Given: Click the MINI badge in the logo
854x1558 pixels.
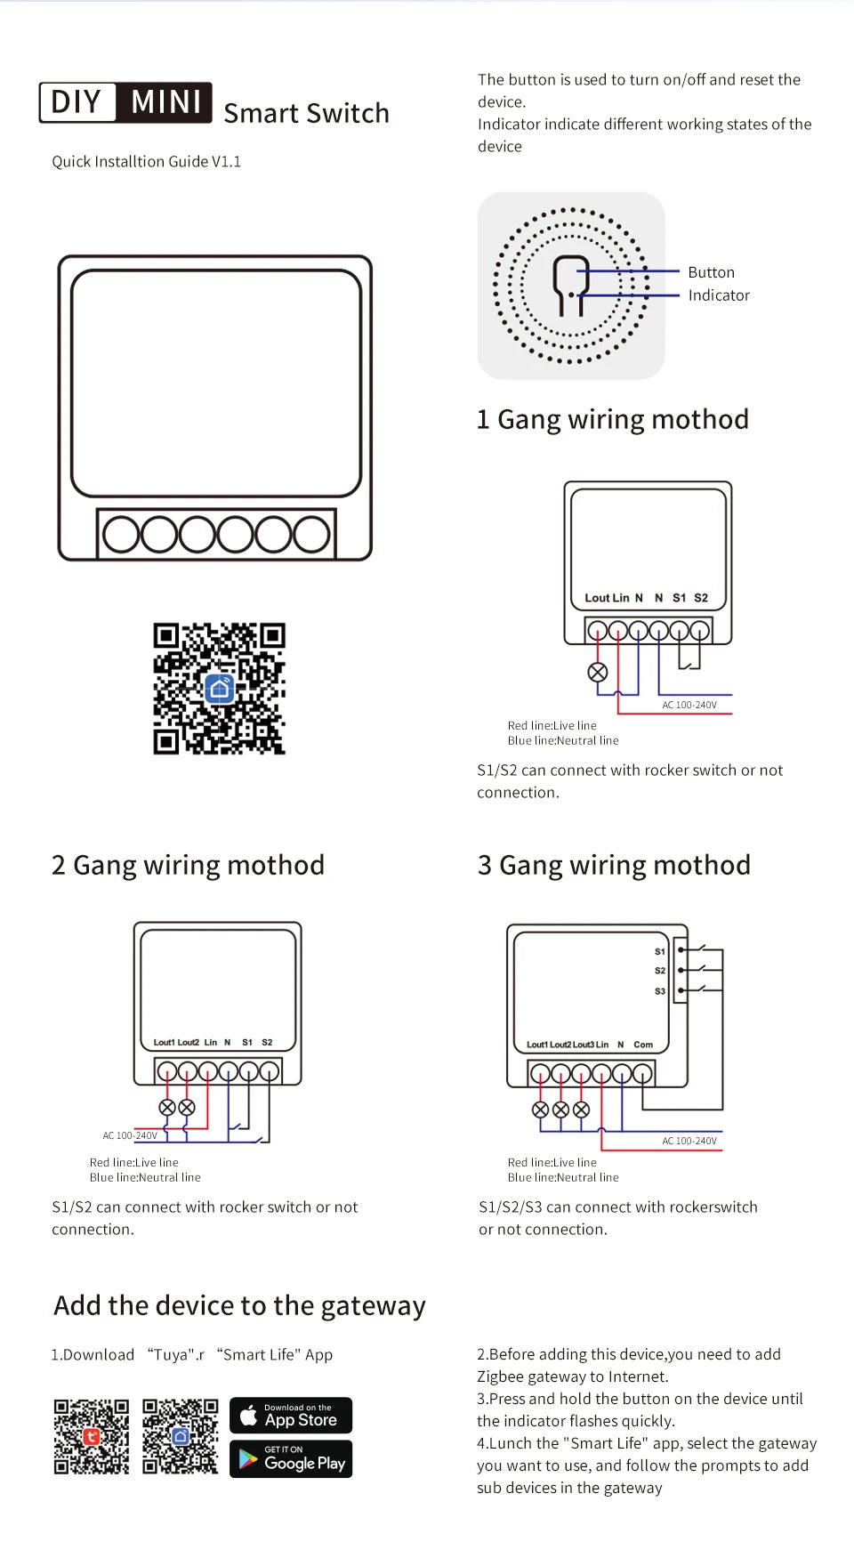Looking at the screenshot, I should [x=165, y=102].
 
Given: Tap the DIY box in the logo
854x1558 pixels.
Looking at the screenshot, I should [x=77, y=102].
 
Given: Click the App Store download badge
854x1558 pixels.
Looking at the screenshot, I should [x=291, y=1415].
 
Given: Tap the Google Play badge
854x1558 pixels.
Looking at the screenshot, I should [x=291, y=1459].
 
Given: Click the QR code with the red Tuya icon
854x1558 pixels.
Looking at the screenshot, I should [x=91, y=1436].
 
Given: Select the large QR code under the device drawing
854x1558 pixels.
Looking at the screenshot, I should [x=219, y=689].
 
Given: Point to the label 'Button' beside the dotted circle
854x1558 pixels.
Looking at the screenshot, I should [x=711, y=272].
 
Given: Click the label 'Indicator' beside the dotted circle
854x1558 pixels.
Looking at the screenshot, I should [x=718, y=295].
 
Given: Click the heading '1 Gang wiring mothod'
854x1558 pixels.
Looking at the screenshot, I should [x=612, y=419].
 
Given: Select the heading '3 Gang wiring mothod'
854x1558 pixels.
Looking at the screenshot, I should [x=614, y=865].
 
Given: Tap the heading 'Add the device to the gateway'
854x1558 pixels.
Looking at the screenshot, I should [x=239, y=1305].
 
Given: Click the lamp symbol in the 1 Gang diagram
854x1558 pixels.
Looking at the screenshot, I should [x=598, y=673].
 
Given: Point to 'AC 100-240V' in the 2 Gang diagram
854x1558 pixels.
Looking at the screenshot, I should [x=130, y=1135].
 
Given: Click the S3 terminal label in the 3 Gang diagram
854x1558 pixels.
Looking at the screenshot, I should [x=660, y=991].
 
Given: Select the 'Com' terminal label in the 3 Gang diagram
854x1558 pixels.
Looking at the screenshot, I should [x=643, y=1045].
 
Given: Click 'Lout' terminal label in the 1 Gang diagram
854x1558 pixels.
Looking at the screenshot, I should [x=596, y=598].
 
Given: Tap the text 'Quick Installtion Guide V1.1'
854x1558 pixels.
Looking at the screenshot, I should [x=146, y=162].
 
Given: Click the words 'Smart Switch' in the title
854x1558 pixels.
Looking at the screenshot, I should [x=306, y=114].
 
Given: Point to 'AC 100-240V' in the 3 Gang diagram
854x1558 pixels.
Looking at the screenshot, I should [x=689, y=1141].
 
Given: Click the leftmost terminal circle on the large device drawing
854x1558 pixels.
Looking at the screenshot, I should [x=121, y=535].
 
